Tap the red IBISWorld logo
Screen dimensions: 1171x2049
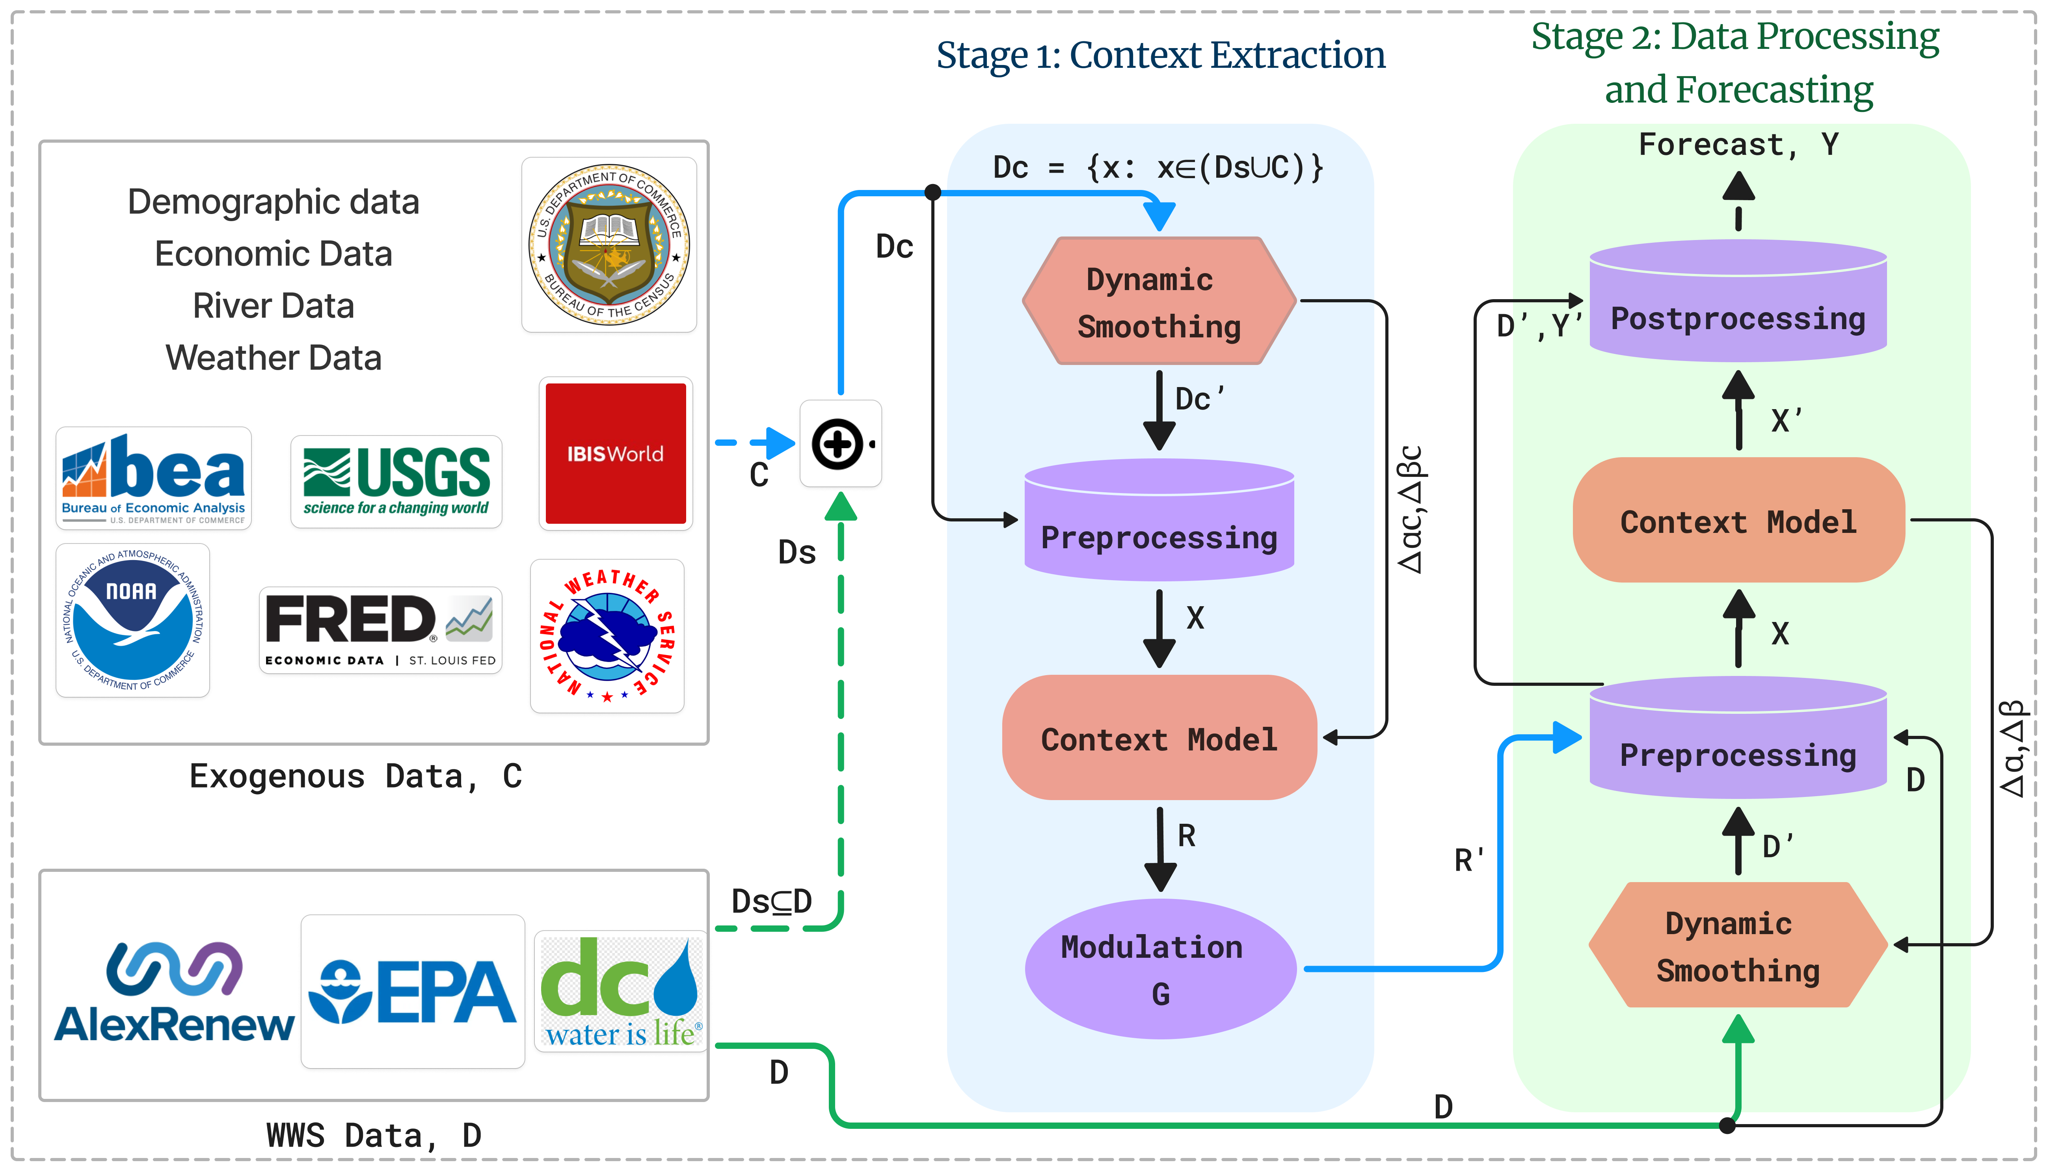(x=615, y=454)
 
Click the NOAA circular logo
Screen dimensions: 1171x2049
(x=133, y=619)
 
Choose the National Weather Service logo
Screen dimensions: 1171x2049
(x=607, y=635)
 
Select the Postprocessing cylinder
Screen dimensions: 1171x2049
(x=1738, y=310)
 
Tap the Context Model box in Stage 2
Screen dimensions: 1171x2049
(x=1738, y=521)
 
